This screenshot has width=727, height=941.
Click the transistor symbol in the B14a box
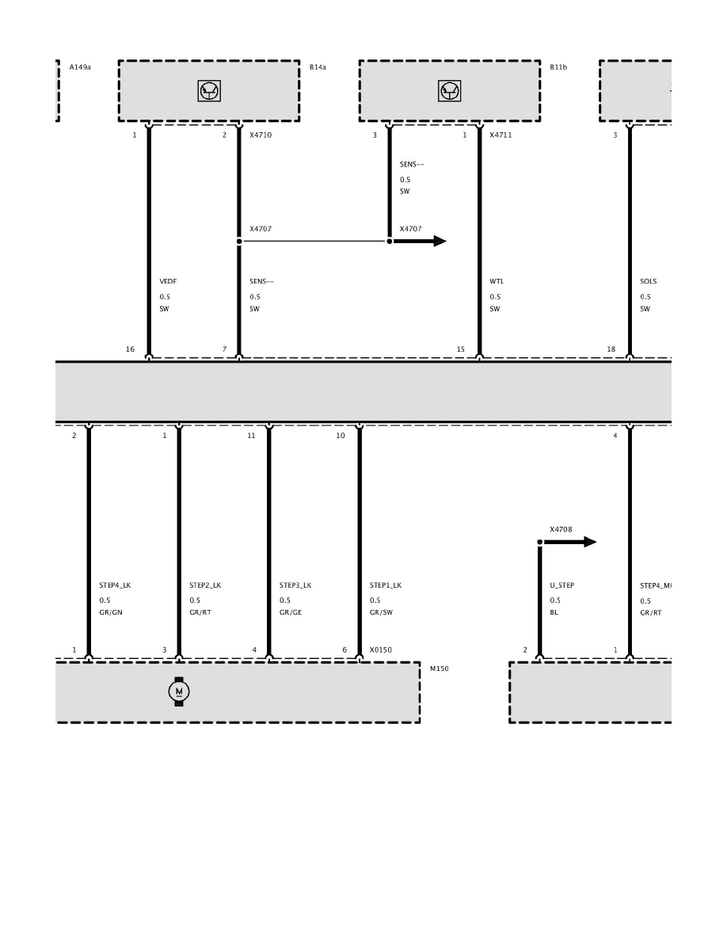tap(209, 90)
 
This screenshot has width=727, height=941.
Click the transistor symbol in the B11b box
tap(449, 90)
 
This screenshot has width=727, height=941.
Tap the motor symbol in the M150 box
tap(179, 691)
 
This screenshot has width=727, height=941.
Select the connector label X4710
tap(261, 135)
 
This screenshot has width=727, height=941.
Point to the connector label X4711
tap(501, 135)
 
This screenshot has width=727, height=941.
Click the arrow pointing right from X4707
tap(420, 242)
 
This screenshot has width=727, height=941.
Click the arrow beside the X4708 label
tap(570, 542)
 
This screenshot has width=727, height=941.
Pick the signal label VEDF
tap(168, 281)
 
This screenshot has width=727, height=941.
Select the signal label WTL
tap(497, 281)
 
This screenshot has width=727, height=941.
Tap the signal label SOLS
tap(649, 281)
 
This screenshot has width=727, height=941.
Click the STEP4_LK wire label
tap(115, 585)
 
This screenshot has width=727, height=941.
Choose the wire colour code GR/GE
tap(291, 612)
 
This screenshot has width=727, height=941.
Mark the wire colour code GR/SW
tap(381, 612)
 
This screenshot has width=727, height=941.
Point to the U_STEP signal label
tap(562, 585)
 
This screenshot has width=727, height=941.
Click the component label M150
tap(439, 669)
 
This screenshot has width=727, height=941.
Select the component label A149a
tap(80, 67)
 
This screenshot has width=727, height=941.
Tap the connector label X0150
tap(381, 650)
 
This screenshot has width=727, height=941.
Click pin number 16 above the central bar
tap(130, 349)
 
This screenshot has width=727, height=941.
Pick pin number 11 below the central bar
tap(251, 436)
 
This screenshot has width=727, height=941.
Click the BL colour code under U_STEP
tap(554, 612)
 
